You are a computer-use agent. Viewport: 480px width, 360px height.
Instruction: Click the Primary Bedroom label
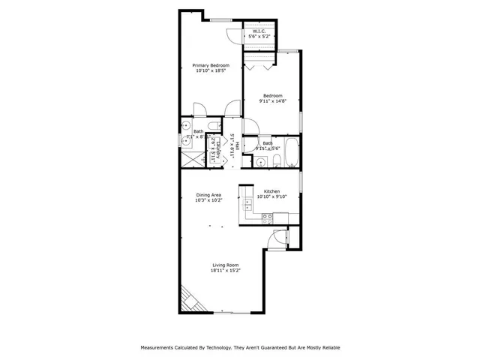coord(210,65)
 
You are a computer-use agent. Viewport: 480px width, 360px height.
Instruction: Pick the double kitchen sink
coord(247,205)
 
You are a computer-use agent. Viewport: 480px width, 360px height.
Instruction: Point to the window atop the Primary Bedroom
coord(220,19)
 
